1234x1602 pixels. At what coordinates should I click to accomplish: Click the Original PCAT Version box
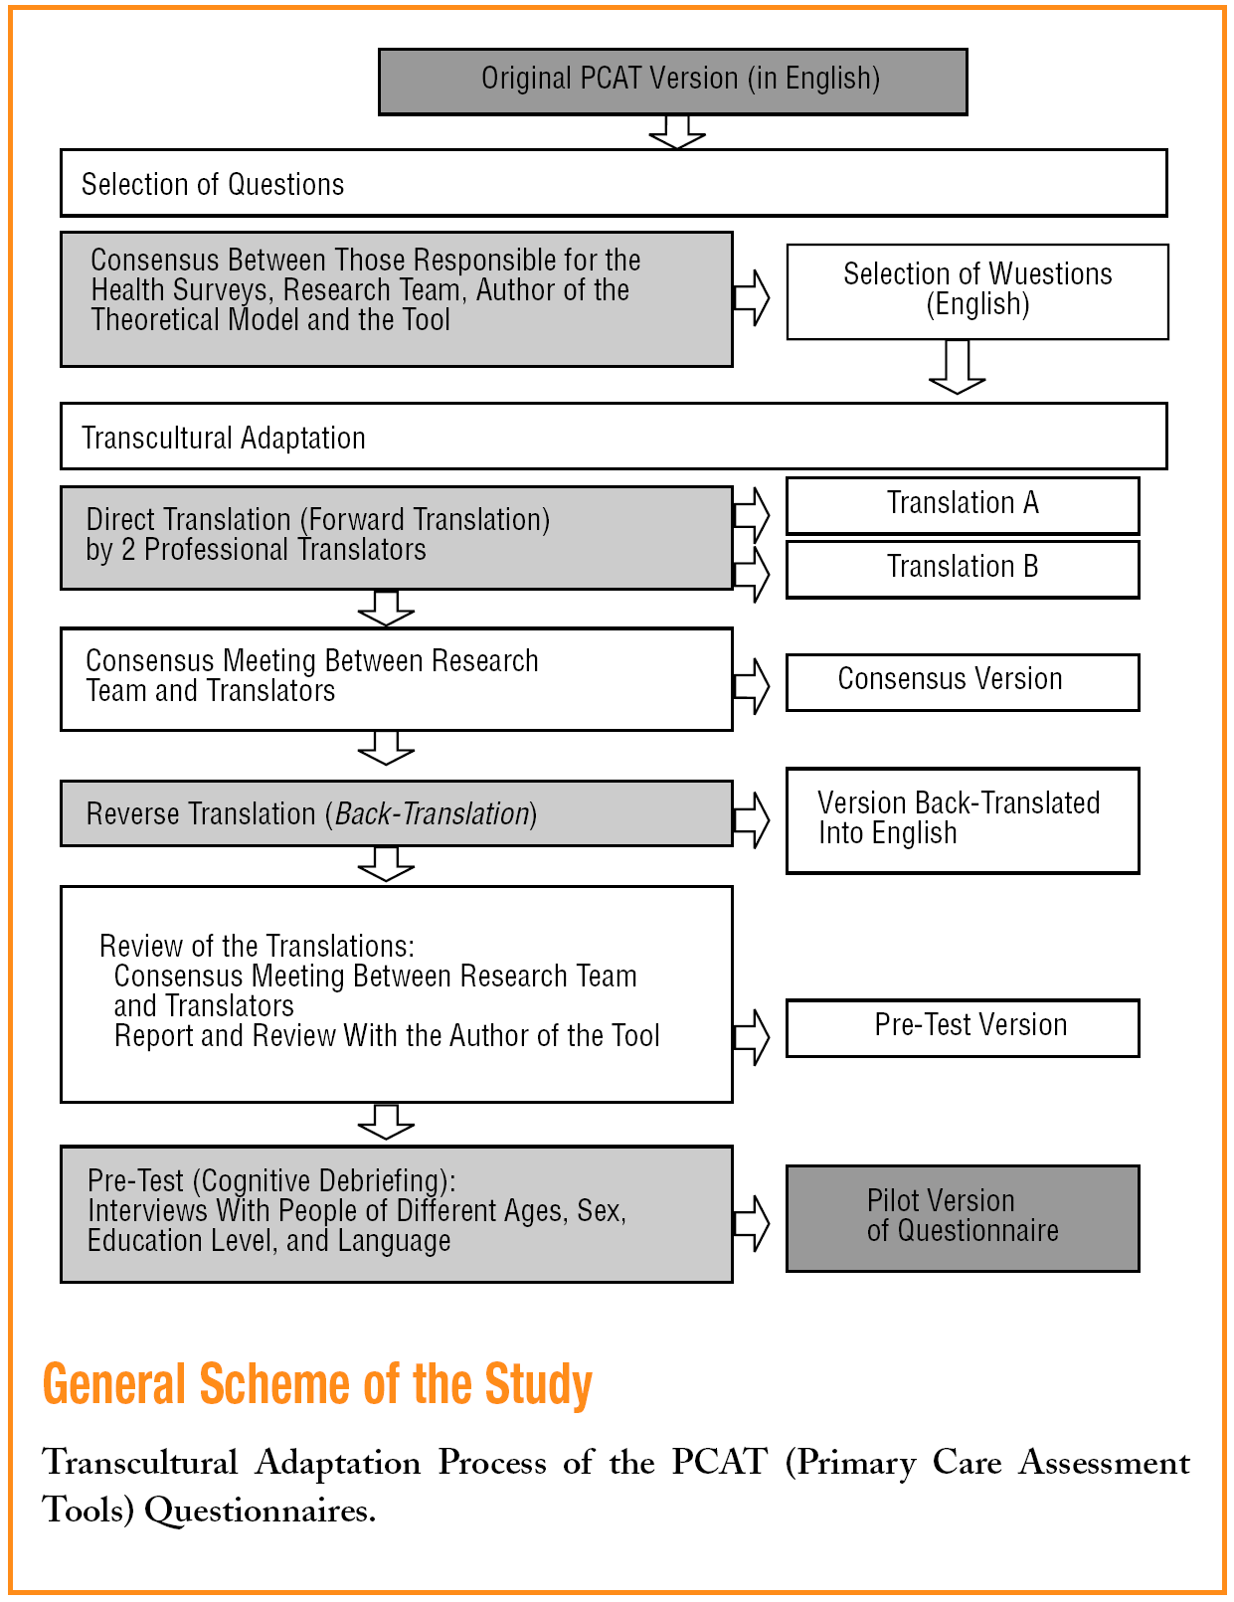(672, 81)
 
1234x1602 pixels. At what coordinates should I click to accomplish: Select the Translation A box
(962, 504)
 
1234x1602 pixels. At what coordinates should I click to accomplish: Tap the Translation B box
(962, 568)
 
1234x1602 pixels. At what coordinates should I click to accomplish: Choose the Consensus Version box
(962, 681)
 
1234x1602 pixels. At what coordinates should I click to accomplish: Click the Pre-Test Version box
(962, 1026)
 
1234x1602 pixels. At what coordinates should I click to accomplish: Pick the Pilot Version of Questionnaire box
(962, 1217)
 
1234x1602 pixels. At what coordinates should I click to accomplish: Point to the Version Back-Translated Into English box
(962, 819)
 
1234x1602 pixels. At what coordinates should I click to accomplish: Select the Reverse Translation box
(396, 813)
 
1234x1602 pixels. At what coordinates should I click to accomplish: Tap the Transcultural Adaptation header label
(224, 438)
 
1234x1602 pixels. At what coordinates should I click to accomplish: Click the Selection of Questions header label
(213, 185)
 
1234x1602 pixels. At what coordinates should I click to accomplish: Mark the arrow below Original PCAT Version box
(677, 132)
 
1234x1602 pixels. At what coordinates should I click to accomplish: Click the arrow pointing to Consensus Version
(752, 685)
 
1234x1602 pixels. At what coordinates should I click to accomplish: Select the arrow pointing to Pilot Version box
(752, 1222)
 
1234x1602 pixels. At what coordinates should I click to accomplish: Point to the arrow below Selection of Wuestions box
(957, 366)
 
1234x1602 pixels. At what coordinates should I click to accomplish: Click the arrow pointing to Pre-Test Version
(752, 1036)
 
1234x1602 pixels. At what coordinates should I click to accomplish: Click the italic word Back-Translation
(432, 814)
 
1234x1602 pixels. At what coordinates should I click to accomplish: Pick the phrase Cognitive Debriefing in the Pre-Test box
(322, 1181)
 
